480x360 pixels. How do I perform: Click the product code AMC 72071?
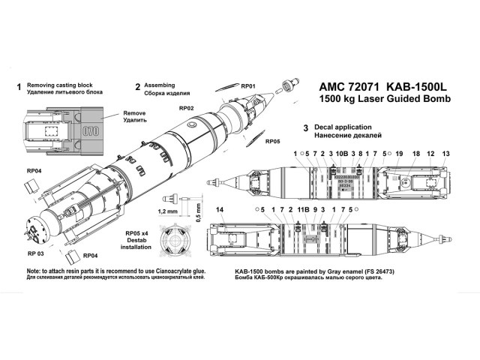click(x=340, y=86)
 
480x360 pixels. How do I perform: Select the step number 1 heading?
click(x=18, y=87)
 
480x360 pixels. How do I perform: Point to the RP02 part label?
click(x=187, y=108)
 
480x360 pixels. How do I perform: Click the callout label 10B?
click(x=343, y=153)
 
